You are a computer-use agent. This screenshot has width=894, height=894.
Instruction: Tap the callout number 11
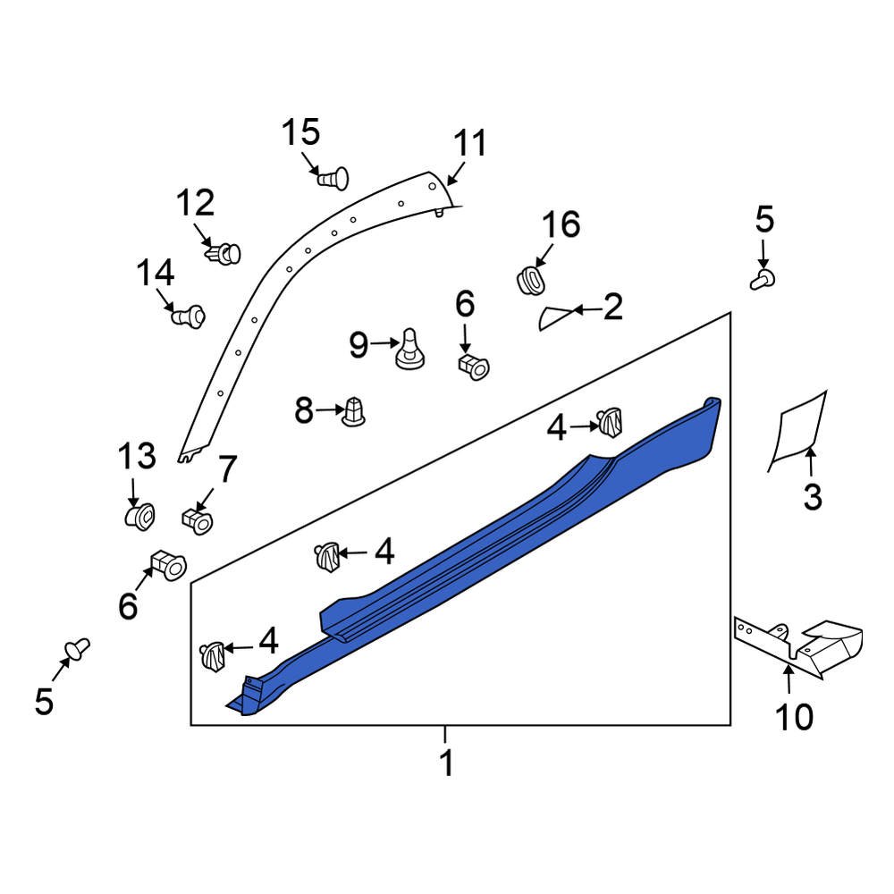tap(470, 143)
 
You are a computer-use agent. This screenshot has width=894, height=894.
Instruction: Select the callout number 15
tap(301, 132)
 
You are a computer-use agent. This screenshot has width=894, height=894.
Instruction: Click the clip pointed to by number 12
tap(223, 253)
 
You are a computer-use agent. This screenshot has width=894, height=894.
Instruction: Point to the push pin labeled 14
tap(189, 316)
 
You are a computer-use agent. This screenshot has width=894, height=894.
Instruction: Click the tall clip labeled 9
tap(410, 349)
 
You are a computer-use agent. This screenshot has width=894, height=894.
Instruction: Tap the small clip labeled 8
tap(353, 411)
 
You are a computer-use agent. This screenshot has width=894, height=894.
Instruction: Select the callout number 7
tap(226, 469)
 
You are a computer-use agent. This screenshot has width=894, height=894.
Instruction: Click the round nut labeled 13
tap(139, 516)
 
